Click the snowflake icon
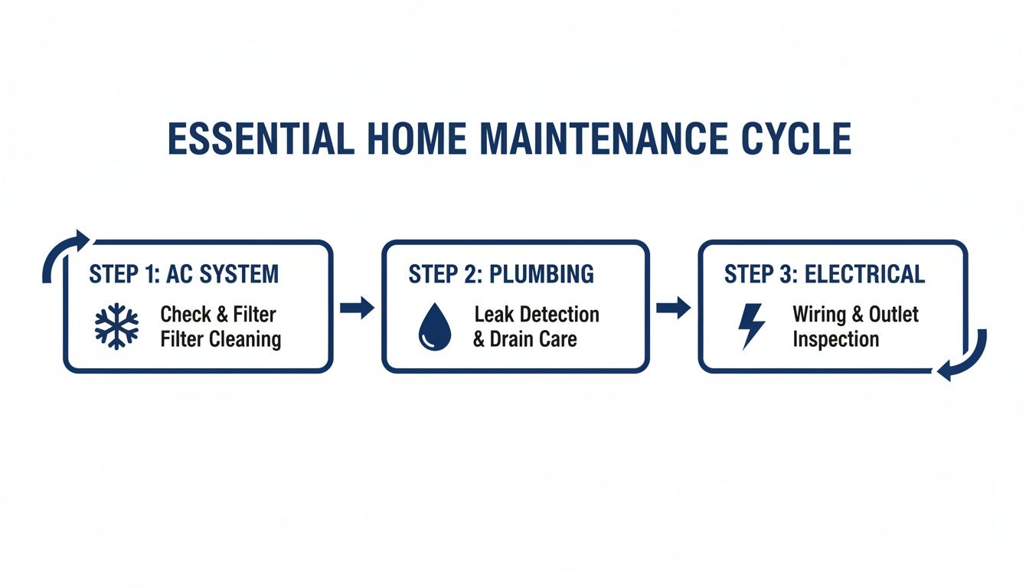[116, 326]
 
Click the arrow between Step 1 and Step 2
[357, 309]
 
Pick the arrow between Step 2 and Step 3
[673, 309]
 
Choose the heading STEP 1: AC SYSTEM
[184, 274]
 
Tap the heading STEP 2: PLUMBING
[501, 274]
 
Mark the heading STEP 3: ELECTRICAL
[825, 274]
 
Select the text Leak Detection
[537, 314]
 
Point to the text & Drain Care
[524, 339]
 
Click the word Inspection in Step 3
[835, 339]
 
